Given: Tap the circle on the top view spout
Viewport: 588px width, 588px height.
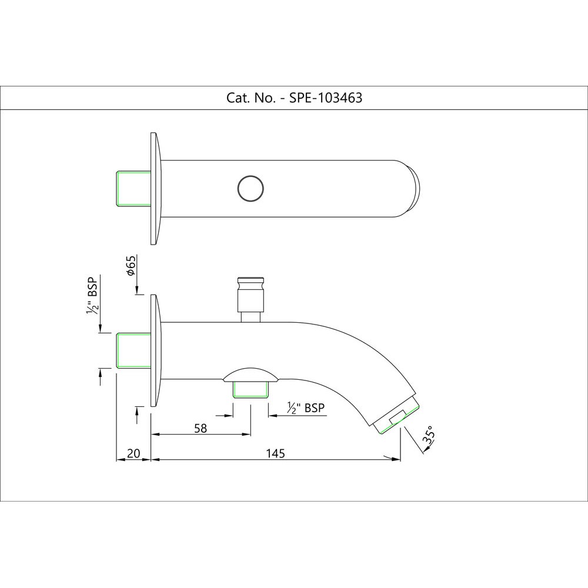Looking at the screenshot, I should pos(251,189).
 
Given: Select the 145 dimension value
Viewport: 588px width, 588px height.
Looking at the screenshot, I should pos(275,453).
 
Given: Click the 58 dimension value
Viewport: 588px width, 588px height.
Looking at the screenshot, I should pos(201,428).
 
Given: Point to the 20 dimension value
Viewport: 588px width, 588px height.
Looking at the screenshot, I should pos(133,453).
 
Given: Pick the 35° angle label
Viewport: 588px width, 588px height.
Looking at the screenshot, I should pos(430,434).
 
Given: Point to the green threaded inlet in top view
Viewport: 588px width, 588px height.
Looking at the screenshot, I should pos(134,189).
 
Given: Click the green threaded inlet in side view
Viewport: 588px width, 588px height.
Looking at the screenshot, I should pos(134,350).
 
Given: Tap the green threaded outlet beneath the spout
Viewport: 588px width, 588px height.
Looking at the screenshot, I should pos(251,389).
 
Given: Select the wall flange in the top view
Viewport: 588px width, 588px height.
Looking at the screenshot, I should pos(155,189).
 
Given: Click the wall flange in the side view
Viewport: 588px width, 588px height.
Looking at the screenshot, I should pos(155,350).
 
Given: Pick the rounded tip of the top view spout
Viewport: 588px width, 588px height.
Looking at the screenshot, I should pos(415,189).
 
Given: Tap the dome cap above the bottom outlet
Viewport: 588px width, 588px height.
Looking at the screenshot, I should pos(251,376).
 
